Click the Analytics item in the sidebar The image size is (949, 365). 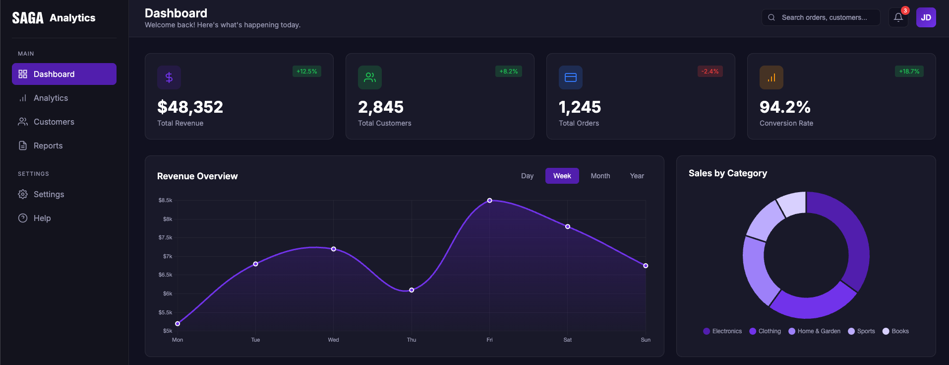(51, 98)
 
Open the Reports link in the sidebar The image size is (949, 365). (48, 146)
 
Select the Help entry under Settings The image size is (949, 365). (42, 218)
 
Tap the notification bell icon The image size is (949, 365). (898, 17)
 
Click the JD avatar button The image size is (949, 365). (926, 17)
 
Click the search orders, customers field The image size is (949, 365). (824, 17)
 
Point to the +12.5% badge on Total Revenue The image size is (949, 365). (306, 72)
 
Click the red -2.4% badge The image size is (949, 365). (710, 72)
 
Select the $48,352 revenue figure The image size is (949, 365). (190, 107)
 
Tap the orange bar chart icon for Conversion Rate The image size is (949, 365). (771, 77)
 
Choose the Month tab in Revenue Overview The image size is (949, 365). (600, 176)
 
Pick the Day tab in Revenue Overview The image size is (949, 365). (527, 176)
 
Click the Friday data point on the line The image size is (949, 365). (489, 201)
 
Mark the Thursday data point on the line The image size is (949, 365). (412, 290)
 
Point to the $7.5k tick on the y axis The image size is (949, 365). (166, 237)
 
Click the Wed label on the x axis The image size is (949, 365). (333, 340)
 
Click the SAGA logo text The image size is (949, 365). (28, 18)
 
